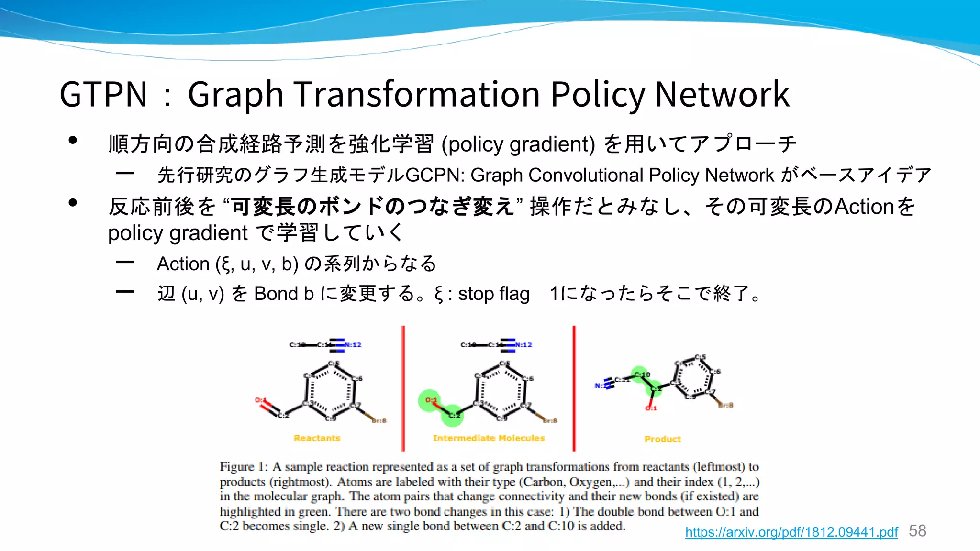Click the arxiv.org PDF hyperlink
[791, 532]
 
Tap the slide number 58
[917, 531]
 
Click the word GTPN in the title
[103, 94]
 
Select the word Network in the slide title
[722, 94]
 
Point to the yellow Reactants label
[317, 438]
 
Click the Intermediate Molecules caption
[489, 438]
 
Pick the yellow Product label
[662, 439]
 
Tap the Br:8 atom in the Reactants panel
[379, 420]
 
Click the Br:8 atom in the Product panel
[725, 405]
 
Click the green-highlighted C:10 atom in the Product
[640, 374]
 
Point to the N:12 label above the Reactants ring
[353, 345]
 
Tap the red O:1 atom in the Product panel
[651, 408]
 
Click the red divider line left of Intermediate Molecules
[403, 388]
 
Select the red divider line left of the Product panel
[574, 388]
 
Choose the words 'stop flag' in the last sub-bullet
[493, 294]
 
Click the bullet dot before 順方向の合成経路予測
[73, 140]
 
